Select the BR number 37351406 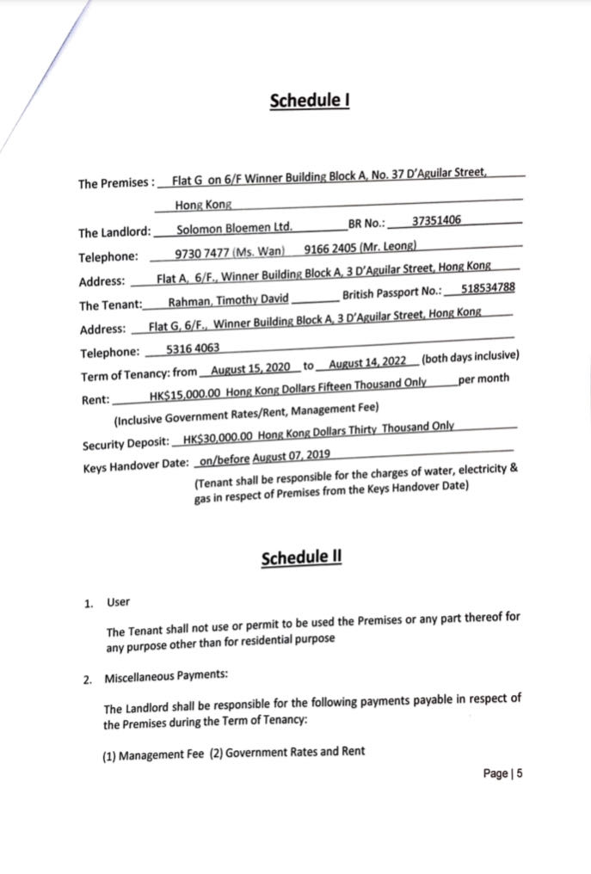(x=436, y=220)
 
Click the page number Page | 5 (x=503, y=773)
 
